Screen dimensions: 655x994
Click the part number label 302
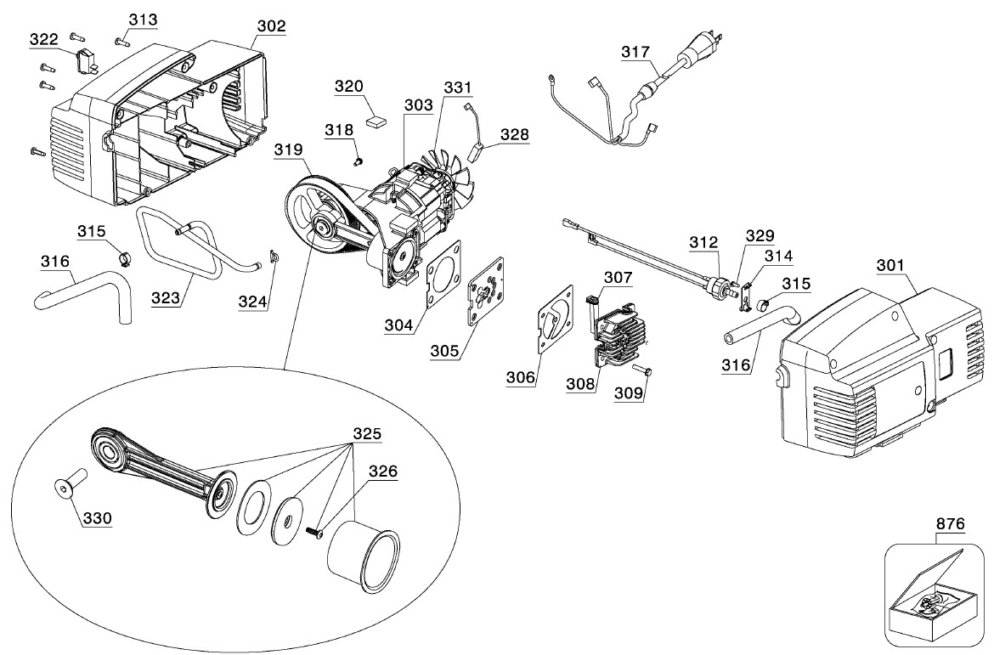(271, 26)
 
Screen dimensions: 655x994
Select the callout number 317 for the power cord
(635, 52)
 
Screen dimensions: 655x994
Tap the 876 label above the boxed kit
(950, 524)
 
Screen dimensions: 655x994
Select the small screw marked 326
(313, 531)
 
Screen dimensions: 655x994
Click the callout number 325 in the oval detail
(366, 433)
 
